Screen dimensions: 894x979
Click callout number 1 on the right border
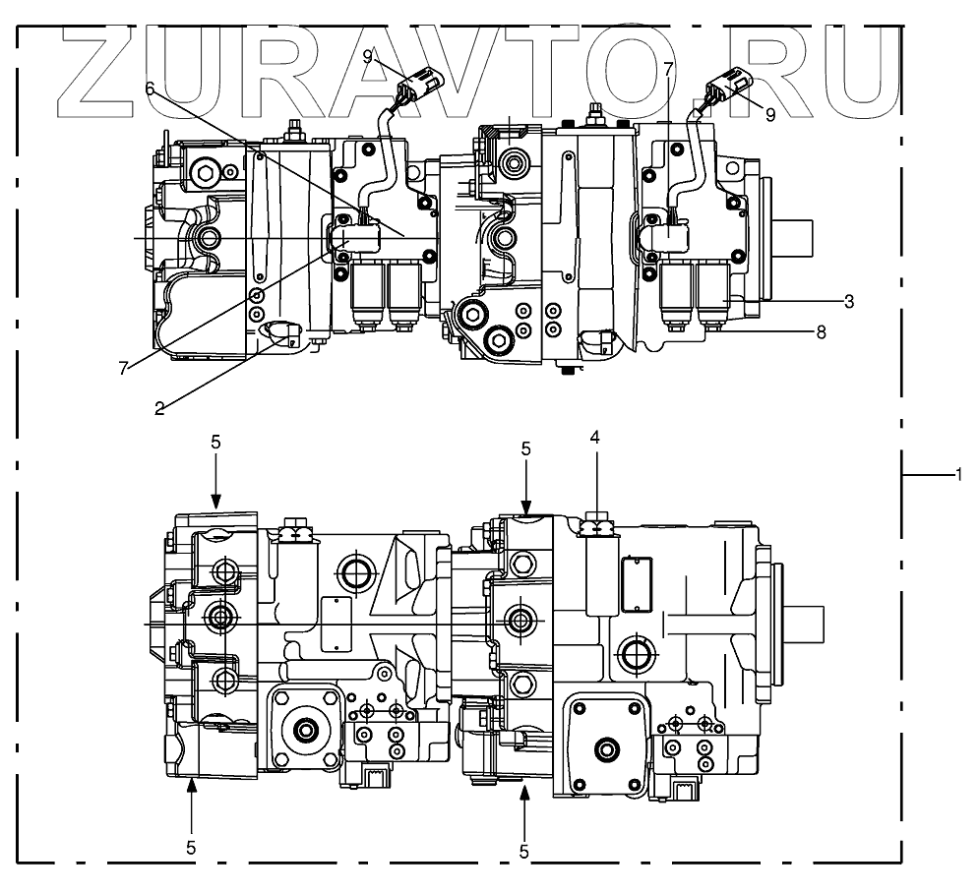pos(957,474)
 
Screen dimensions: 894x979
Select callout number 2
pos(158,407)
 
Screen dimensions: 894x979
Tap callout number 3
pos(849,300)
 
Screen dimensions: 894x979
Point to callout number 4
pos(594,436)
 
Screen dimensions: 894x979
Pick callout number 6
pos(150,88)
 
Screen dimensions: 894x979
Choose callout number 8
pos(820,333)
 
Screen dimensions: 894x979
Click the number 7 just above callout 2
pos(124,367)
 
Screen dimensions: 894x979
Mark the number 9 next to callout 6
pos(367,55)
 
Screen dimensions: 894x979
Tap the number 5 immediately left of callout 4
pos(525,448)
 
